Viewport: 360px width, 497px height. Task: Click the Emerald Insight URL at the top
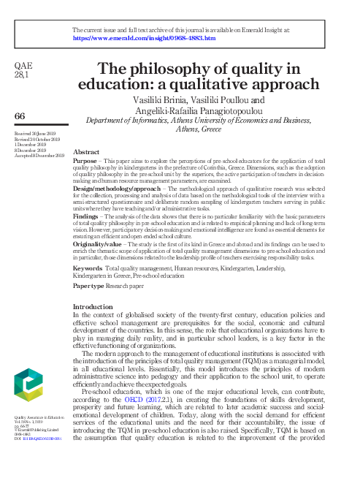coord(144,37)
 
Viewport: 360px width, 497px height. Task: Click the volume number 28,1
coord(22,75)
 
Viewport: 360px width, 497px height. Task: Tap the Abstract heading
coord(87,151)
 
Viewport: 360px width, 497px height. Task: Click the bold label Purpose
coord(87,159)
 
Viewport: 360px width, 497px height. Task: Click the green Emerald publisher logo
coord(31,392)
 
